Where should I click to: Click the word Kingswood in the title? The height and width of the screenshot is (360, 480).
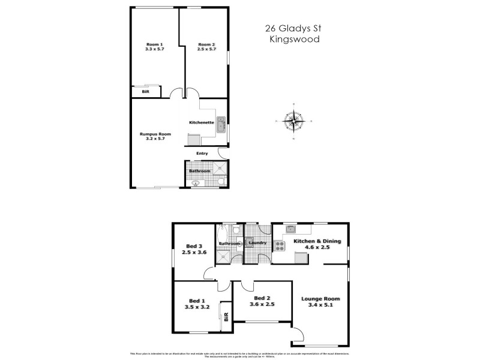(x=294, y=40)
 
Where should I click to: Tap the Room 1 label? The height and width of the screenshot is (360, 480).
(x=155, y=44)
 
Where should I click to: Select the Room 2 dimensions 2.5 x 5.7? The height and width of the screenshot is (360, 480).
(x=206, y=49)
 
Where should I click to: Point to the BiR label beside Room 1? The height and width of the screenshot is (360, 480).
(x=145, y=93)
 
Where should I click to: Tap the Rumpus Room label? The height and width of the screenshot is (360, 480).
(x=155, y=134)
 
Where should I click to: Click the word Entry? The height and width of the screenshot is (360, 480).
(x=202, y=154)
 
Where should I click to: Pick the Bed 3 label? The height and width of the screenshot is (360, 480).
(x=193, y=247)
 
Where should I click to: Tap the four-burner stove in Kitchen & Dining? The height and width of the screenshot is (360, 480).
(x=280, y=246)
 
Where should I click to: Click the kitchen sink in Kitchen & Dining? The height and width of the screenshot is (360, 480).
(x=290, y=229)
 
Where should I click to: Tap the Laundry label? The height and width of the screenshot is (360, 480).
(x=257, y=243)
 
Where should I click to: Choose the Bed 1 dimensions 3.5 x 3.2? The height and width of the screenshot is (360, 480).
(x=197, y=307)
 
